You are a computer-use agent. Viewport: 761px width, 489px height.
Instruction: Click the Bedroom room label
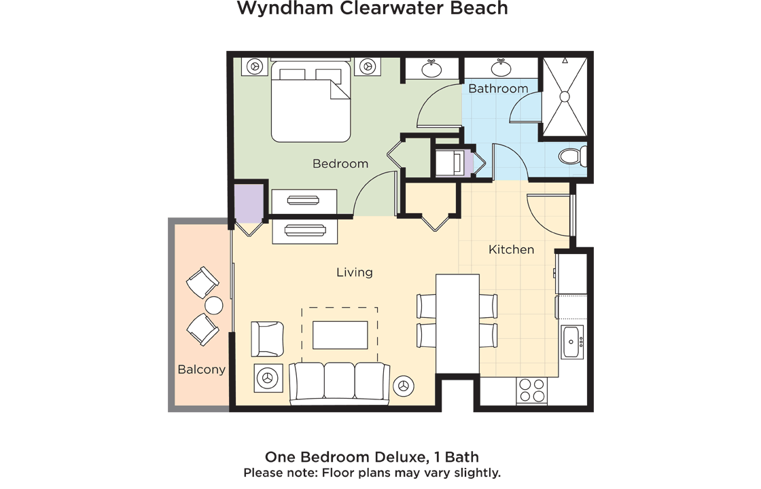tap(340, 164)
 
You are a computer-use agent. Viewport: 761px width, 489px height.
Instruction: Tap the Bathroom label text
tap(498, 89)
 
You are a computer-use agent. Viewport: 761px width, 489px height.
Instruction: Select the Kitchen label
tap(511, 249)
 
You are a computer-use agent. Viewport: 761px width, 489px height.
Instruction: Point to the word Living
tap(354, 272)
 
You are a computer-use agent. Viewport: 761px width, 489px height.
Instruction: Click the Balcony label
tap(201, 369)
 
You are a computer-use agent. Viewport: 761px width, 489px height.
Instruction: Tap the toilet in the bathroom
tap(572, 157)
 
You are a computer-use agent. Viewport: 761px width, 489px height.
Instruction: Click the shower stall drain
tap(565, 97)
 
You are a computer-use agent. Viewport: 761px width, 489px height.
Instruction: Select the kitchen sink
tap(572, 342)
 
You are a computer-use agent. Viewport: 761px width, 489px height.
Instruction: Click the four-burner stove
tap(531, 391)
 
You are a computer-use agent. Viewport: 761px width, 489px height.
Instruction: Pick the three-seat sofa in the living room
tap(339, 384)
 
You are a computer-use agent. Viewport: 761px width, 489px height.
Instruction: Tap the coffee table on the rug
tap(340, 335)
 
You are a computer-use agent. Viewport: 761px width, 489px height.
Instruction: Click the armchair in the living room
tap(267, 339)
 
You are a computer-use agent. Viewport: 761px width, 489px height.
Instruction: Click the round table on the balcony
tap(214, 306)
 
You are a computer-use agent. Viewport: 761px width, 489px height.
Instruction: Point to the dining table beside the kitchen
tap(458, 323)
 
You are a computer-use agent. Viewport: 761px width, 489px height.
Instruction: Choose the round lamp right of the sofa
tap(404, 386)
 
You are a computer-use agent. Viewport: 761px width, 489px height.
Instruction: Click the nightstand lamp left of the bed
tap(255, 66)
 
